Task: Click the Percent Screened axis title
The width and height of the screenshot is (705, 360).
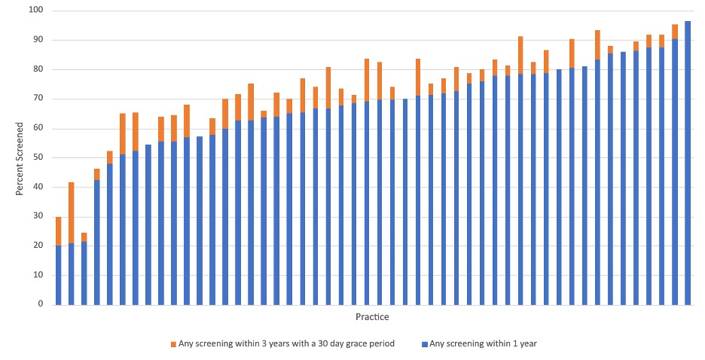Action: (21, 157)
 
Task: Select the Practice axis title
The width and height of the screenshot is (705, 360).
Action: (372, 317)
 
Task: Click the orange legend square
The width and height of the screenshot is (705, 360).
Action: (173, 344)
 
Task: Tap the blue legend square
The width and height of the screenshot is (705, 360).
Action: (425, 344)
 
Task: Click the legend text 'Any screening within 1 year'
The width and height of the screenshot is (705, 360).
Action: (484, 344)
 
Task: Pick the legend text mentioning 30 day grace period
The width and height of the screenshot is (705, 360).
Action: (286, 344)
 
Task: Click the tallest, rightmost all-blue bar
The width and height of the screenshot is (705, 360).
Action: (688, 163)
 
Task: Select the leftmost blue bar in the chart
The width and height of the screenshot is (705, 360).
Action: (58, 275)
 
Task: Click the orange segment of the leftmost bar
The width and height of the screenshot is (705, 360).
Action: (58, 231)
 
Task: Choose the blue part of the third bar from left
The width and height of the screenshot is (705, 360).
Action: (84, 273)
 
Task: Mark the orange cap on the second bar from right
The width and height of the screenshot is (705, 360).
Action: (675, 32)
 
